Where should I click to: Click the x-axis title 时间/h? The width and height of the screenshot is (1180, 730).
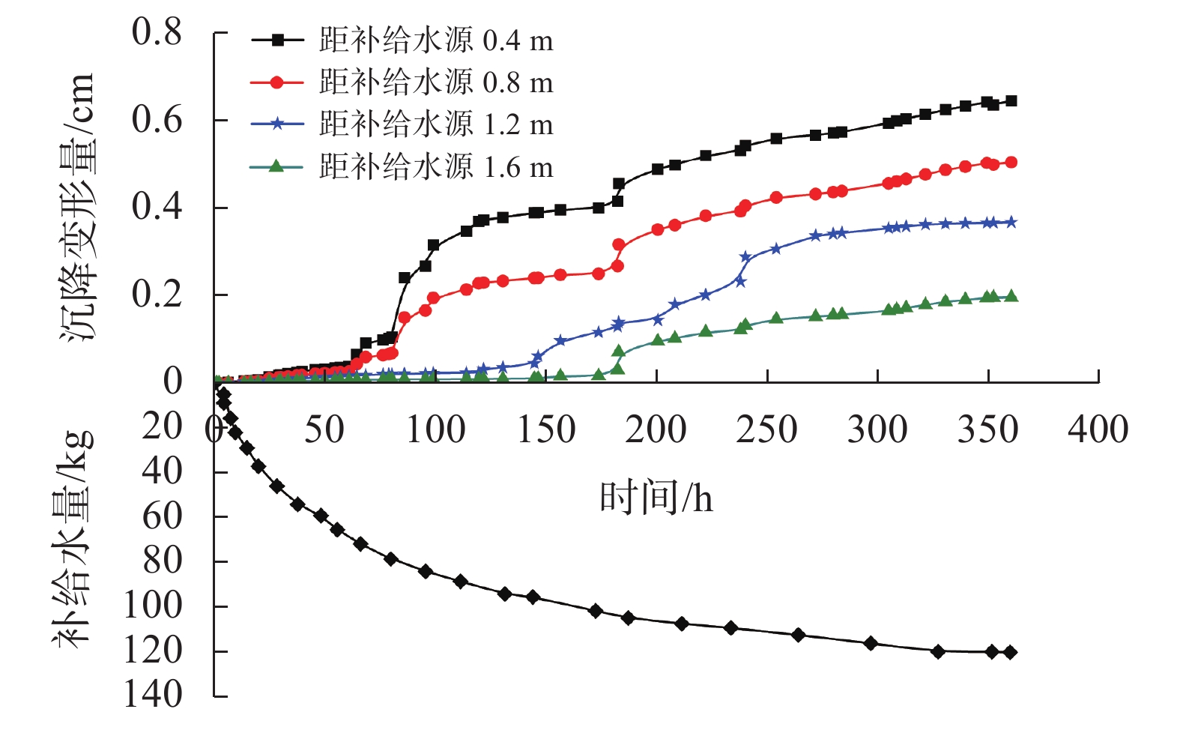click(656, 497)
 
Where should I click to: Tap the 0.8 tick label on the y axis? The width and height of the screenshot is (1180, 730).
click(157, 32)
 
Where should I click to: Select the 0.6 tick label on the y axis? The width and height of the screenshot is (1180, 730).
click(157, 120)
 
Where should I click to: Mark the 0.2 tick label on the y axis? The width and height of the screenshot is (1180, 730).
click(157, 295)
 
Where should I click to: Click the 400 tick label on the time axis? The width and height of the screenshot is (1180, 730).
click(1098, 430)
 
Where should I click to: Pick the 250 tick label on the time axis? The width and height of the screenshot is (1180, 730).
click(766, 430)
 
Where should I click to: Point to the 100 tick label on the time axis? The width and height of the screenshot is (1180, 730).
click(435, 430)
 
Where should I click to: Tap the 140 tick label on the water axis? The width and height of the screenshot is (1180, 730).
click(153, 695)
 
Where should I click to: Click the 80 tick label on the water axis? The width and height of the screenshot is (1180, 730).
click(163, 561)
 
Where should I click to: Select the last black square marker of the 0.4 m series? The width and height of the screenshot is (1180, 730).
click(1011, 100)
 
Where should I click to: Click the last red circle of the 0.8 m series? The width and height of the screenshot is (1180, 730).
click(1011, 162)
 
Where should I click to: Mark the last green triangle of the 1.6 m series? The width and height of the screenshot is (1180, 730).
click(1011, 295)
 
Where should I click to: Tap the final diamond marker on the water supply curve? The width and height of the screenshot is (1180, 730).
click(1010, 652)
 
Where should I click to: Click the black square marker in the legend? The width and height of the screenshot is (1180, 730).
click(277, 40)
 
